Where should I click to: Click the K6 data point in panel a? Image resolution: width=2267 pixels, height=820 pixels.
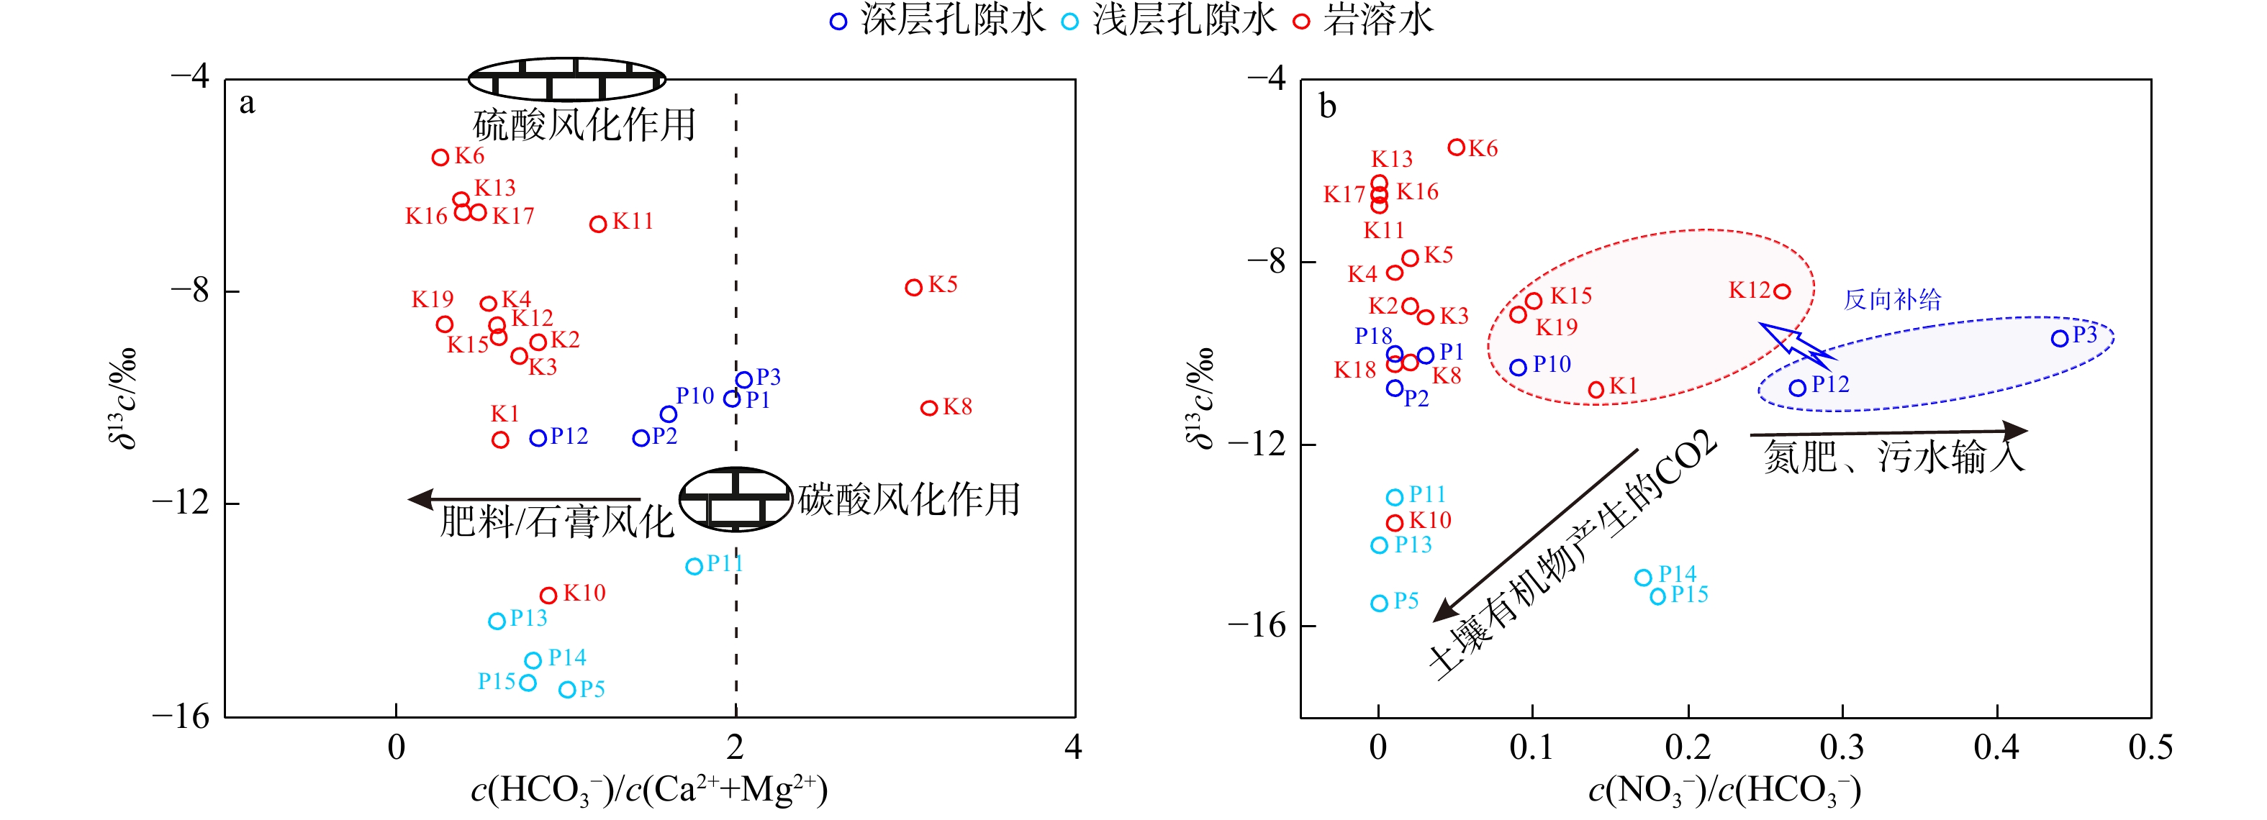pyautogui.click(x=440, y=158)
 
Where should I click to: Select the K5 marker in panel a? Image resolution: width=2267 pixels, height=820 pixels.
pyautogui.click(x=913, y=287)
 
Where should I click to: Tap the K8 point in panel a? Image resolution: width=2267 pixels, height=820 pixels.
pyautogui.click(x=928, y=407)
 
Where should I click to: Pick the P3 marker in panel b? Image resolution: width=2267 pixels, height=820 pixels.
pyautogui.click(x=2059, y=339)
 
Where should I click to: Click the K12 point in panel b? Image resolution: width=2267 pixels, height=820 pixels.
pyautogui.click(x=1782, y=291)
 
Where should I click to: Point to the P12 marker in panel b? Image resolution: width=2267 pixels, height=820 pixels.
pyautogui.click(x=1797, y=388)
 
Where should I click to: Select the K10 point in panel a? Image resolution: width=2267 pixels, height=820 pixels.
pyautogui.click(x=548, y=596)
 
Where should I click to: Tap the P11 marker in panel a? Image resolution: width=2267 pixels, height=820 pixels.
pyautogui.click(x=694, y=567)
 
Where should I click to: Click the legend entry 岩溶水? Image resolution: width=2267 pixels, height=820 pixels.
pyautogui.click(x=1364, y=19)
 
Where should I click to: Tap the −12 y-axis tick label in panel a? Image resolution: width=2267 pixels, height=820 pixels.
pyautogui.click(x=181, y=502)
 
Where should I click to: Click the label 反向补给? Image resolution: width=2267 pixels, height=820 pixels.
pyautogui.click(x=1892, y=299)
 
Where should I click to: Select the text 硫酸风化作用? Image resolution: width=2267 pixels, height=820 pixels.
pyautogui.click(x=584, y=124)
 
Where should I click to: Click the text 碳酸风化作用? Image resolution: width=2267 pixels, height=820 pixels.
pyautogui.click(x=909, y=499)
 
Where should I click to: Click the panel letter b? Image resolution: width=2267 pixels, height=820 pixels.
pyautogui.click(x=1328, y=106)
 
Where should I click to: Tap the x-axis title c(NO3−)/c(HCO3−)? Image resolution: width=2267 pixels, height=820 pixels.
pyautogui.click(x=1724, y=789)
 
